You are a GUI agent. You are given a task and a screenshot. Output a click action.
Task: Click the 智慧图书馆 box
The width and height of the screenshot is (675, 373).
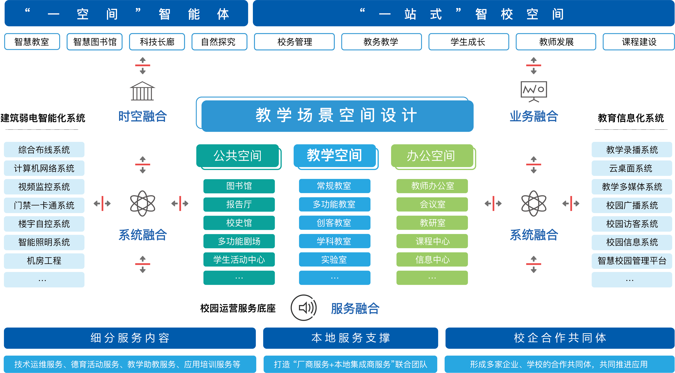click(x=95, y=42)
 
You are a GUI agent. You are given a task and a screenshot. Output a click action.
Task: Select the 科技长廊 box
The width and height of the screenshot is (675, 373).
click(x=157, y=42)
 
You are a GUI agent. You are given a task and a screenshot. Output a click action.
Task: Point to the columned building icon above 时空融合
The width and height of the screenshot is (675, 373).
click(x=143, y=91)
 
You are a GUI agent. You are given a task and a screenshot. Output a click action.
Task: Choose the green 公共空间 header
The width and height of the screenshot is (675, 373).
click(x=238, y=156)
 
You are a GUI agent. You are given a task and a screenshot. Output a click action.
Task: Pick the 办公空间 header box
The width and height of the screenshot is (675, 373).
click(x=432, y=156)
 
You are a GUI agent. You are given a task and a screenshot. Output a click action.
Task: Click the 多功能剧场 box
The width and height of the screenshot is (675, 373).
click(x=239, y=241)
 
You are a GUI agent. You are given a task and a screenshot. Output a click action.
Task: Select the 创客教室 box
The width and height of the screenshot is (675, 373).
click(x=334, y=223)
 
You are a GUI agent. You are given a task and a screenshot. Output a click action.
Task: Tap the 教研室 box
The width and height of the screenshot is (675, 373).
click(x=432, y=223)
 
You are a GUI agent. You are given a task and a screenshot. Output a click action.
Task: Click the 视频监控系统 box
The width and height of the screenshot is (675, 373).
click(x=44, y=187)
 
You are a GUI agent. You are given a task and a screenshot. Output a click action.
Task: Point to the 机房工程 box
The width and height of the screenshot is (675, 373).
click(x=44, y=261)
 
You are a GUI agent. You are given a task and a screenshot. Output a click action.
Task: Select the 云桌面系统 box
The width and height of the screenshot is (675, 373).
click(x=631, y=168)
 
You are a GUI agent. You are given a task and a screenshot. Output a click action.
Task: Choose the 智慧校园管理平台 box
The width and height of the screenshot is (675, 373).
click(x=631, y=261)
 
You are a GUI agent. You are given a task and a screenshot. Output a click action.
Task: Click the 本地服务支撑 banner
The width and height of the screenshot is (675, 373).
click(x=350, y=338)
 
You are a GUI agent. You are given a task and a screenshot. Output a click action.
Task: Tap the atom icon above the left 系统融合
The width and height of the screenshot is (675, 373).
click(x=143, y=203)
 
